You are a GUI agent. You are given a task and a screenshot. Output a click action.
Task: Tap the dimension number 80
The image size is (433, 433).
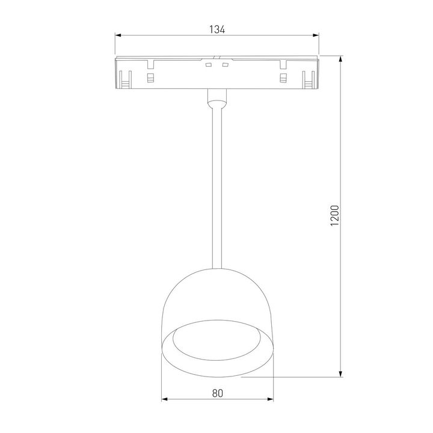tap(218, 393)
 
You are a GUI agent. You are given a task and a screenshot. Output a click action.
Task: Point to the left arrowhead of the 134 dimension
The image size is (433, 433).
tap(118, 35)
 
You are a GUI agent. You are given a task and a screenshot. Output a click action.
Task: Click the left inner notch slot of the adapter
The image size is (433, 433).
tap(150, 78)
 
